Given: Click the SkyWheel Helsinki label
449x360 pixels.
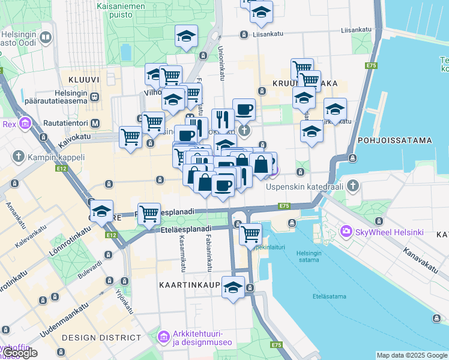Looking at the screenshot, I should click(x=391, y=232).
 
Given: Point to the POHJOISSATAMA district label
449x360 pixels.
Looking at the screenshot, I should click(x=394, y=140).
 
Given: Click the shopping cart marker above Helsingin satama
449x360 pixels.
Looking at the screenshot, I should click(x=250, y=233).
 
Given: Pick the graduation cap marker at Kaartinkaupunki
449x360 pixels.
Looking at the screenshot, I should click(x=233, y=286).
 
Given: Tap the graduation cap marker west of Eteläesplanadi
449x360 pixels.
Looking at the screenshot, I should click(x=102, y=211).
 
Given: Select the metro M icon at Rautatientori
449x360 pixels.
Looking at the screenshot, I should click(x=94, y=124).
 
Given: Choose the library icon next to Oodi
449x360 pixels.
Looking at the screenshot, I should click(x=46, y=38).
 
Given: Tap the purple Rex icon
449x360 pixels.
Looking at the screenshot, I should click(x=25, y=124).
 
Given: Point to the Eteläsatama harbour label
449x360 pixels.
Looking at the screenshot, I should click(x=328, y=296).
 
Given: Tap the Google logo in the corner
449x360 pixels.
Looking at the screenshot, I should click(x=21, y=353).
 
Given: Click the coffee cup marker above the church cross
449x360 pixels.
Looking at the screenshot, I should click(x=243, y=109).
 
